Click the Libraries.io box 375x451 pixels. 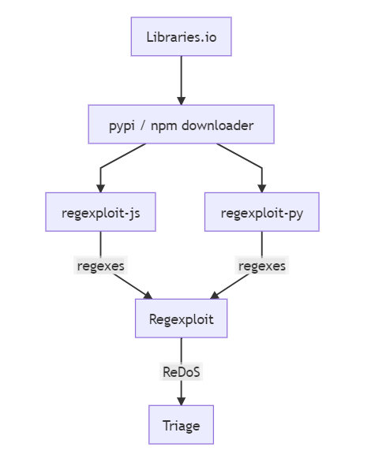pyautogui.click(x=181, y=36)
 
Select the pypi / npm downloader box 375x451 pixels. pyautogui.click(x=181, y=125)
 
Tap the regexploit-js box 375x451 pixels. pyautogui.click(x=100, y=212)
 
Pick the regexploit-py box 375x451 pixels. pyautogui.click(x=262, y=212)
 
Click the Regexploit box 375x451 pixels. pyautogui.click(x=181, y=319)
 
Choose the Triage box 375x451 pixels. pyautogui.click(x=181, y=425)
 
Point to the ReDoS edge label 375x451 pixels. pyautogui.click(x=181, y=371)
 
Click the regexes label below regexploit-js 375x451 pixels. pyautogui.click(x=100, y=265)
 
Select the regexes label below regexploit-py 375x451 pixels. pyautogui.click(x=262, y=265)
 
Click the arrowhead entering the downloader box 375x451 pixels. pyautogui.click(x=181, y=101)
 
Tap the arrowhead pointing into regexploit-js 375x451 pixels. pyautogui.click(x=100, y=188)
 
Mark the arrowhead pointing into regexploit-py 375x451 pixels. pyautogui.click(x=262, y=188)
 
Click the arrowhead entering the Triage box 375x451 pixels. pyautogui.click(x=181, y=401)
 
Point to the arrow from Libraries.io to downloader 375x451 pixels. pyautogui.click(x=181, y=80)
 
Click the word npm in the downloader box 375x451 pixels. pyautogui.click(x=163, y=126)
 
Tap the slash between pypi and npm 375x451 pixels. pyautogui.click(x=143, y=125)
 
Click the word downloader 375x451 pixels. pyautogui.click(x=218, y=125)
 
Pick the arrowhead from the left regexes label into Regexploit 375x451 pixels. pyautogui.click(x=148, y=296)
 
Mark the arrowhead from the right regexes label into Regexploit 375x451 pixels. pyautogui.click(x=215, y=296)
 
